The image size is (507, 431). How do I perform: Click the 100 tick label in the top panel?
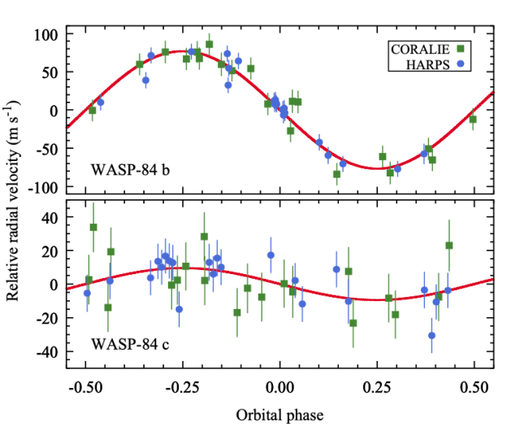click(x=47, y=34)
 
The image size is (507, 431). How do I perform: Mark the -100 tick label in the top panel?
click(x=44, y=187)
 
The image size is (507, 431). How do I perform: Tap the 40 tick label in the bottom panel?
click(x=50, y=217)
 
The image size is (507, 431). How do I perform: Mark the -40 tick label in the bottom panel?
click(x=47, y=352)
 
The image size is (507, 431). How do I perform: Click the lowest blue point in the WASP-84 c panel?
click(x=431, y=335)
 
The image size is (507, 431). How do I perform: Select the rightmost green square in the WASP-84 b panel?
click(x=473, y=119)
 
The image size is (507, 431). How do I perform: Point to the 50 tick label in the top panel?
click(x=50, y=72)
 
